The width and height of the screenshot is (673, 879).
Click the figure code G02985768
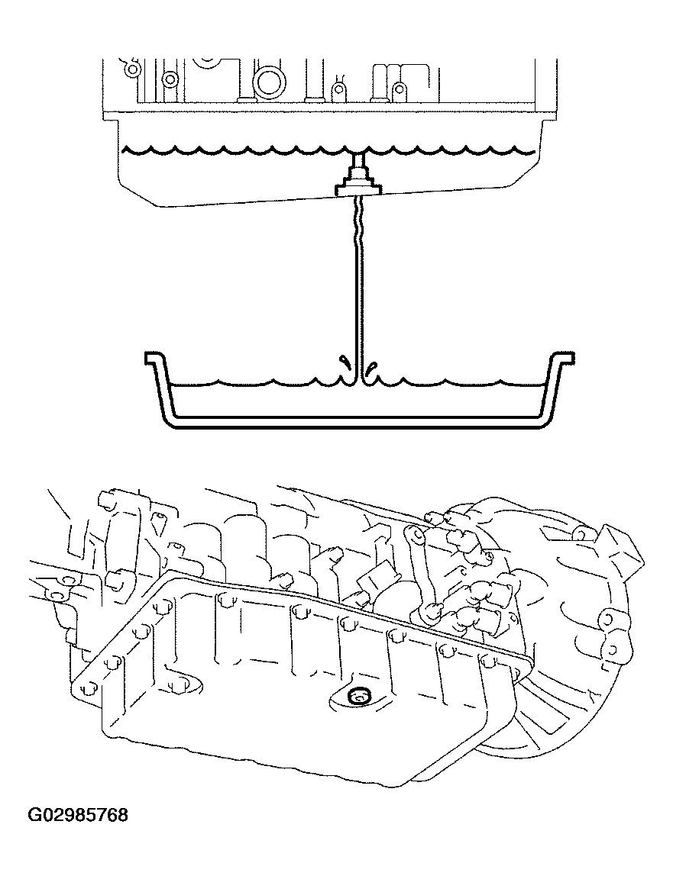[x=78, y=816]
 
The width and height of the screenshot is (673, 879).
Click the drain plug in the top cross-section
[x=358, y=184]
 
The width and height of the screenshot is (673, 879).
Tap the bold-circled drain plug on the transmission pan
[x=357, y=695]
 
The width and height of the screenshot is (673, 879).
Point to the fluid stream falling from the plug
[x=358, y=290]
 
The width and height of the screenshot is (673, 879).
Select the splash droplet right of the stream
[x=372, y=370]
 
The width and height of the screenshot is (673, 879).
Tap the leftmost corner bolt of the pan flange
[x=84, y=688]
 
